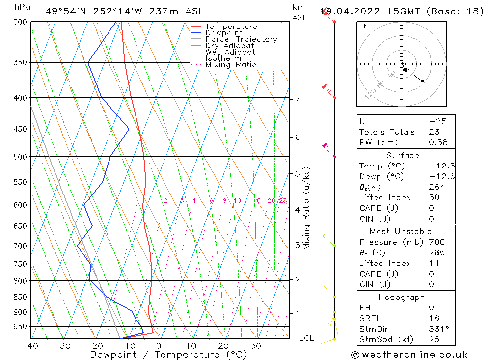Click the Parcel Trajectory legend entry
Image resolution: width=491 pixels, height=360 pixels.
click(x=241, y=39)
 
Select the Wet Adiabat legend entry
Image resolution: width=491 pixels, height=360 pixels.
click(x=230, y=52)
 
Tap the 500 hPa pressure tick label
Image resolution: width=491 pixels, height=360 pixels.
click(x=20, y=157)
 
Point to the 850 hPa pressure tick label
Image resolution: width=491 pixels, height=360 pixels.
click(x=20, y=297)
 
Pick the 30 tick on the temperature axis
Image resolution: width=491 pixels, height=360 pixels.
click(x=255, y=346)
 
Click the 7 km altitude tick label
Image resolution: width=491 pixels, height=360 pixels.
click(x=297, y=99)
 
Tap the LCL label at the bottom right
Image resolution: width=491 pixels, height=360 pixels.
click(x=306, y=338)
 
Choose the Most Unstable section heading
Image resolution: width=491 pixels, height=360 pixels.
click(x=401, y=231)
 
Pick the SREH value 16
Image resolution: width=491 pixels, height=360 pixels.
click(x=434, y=318)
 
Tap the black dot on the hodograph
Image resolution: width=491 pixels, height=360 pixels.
click(x=422, y=81)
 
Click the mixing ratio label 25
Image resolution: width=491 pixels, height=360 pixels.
click(x=283, y=201)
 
